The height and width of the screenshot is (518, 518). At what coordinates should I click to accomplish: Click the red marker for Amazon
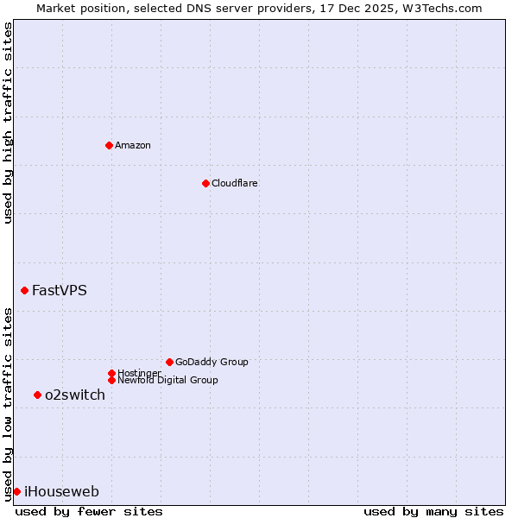109,145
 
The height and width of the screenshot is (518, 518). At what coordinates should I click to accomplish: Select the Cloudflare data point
205,183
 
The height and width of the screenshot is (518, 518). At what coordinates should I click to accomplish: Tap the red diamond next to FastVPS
24,290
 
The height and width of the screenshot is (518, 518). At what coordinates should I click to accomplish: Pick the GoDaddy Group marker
169,362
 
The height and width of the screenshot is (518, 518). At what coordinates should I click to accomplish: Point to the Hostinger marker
111,373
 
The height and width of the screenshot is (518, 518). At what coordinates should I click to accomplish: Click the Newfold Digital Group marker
111,380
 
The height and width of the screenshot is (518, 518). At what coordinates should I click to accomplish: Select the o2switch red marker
37,395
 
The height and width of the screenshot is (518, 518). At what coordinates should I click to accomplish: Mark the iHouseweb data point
16,491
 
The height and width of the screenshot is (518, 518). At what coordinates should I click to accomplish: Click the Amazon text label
133,145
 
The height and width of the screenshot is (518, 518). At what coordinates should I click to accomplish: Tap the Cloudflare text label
234,183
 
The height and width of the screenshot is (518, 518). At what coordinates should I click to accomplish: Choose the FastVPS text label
60,290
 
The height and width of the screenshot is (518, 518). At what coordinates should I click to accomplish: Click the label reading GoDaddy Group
212,362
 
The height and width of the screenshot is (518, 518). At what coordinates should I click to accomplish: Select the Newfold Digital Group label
167,380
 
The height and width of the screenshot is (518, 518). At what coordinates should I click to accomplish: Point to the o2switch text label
75,395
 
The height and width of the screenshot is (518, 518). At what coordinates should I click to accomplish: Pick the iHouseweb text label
61,491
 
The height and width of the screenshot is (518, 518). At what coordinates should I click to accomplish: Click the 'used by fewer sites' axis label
89,511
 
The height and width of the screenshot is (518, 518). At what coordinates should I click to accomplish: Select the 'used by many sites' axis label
433,511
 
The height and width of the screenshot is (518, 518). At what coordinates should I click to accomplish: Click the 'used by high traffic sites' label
8,123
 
